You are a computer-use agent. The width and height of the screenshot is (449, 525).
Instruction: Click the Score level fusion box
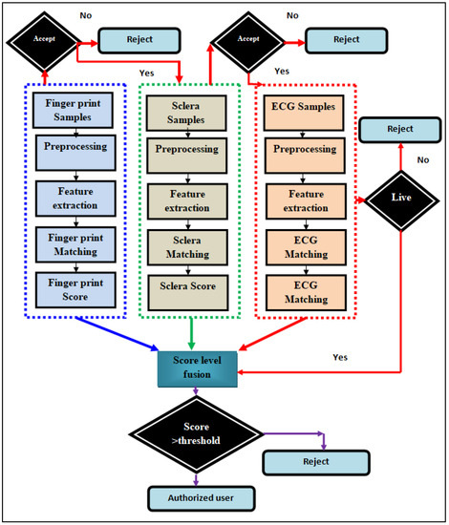tap(196, 368)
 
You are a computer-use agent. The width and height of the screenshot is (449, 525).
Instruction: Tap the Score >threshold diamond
tap(196, 436)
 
